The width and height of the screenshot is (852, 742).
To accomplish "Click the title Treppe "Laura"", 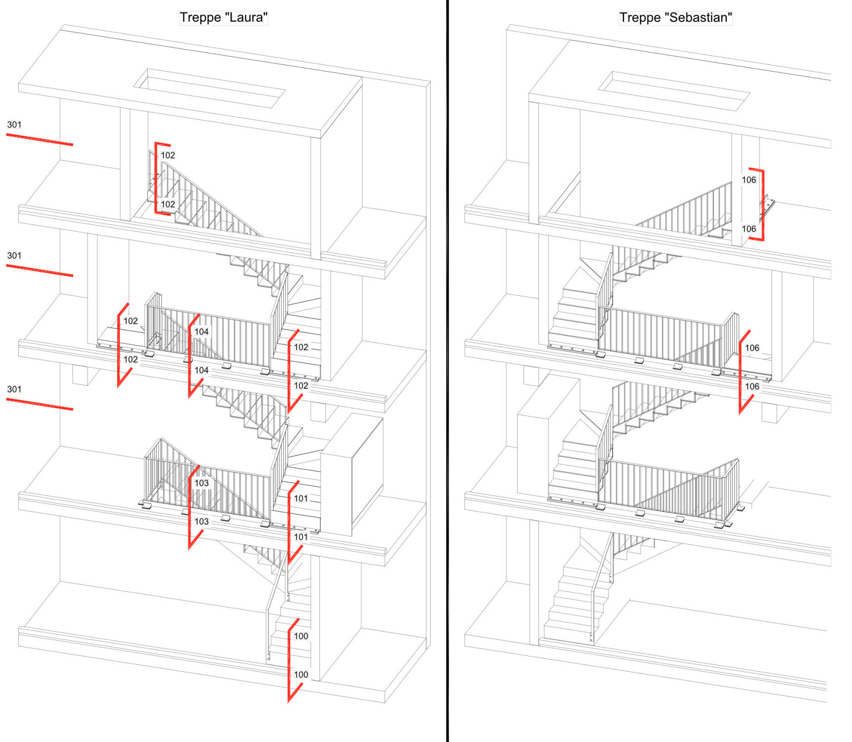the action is click(224, 17).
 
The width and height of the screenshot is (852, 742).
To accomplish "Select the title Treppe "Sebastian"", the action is click(675, 17).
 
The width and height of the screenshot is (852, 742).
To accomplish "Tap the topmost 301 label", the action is click(14, 125).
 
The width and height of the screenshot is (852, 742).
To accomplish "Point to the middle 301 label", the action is click(14, 256).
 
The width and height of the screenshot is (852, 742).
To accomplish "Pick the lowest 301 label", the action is click(14, 389).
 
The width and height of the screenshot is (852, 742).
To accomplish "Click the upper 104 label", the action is click(201, 331).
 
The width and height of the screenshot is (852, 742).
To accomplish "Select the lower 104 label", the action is click(201, 370).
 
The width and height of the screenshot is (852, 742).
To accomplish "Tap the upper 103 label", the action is click(201, 483).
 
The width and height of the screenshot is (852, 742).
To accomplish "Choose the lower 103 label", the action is click(201, 521).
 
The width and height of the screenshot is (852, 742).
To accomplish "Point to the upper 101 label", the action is click(301, 498).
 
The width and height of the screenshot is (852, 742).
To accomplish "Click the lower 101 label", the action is click(301, 537).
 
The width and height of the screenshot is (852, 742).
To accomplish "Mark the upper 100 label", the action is click(301, 636).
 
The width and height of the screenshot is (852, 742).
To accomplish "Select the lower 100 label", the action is click(301, 675).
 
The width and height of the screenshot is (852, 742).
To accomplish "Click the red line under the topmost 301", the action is click(40, 139).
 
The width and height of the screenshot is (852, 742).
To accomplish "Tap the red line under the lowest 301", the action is click(40, 404).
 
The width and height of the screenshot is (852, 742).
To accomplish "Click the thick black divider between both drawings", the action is click(448, 371).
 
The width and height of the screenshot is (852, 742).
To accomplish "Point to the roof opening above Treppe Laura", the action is click(209, 88).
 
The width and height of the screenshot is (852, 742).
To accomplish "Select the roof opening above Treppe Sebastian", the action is click(674, 91).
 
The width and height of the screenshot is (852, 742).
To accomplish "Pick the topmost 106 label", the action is click(749, 180).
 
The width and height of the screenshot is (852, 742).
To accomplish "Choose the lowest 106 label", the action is click(752, 386).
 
